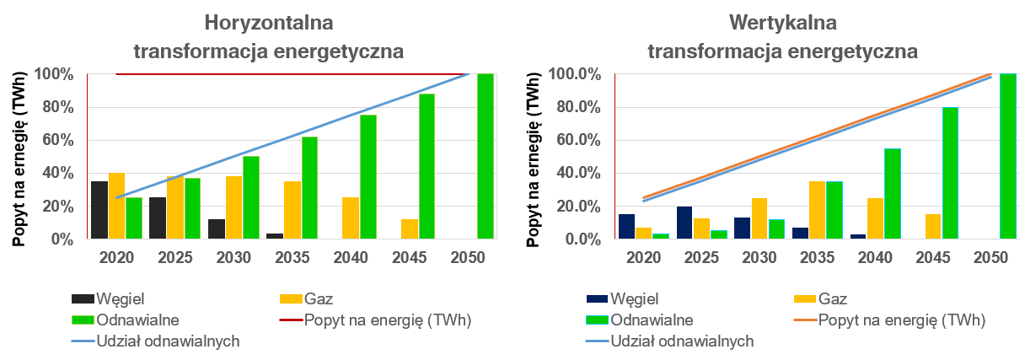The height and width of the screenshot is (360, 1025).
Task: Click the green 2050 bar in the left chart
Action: (x=485, y=157)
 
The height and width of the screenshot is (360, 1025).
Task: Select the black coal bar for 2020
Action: (x=99, y=210)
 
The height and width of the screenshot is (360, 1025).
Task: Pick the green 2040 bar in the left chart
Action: (x=368, y=177)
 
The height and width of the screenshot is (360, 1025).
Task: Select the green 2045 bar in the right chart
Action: (x=950, y=173)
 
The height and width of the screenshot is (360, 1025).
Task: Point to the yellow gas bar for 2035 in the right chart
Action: (x=817, y=210)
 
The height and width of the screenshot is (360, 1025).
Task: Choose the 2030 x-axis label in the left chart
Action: (x=233, y=259)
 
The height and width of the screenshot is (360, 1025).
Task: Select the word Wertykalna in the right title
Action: (x=782, y=22)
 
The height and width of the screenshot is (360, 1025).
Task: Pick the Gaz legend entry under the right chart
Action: (x=831, y=298)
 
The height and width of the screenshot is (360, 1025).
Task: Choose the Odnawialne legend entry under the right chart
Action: (x=652, y=320)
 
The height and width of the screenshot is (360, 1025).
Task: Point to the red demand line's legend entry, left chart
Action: (x=387, y=320)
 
